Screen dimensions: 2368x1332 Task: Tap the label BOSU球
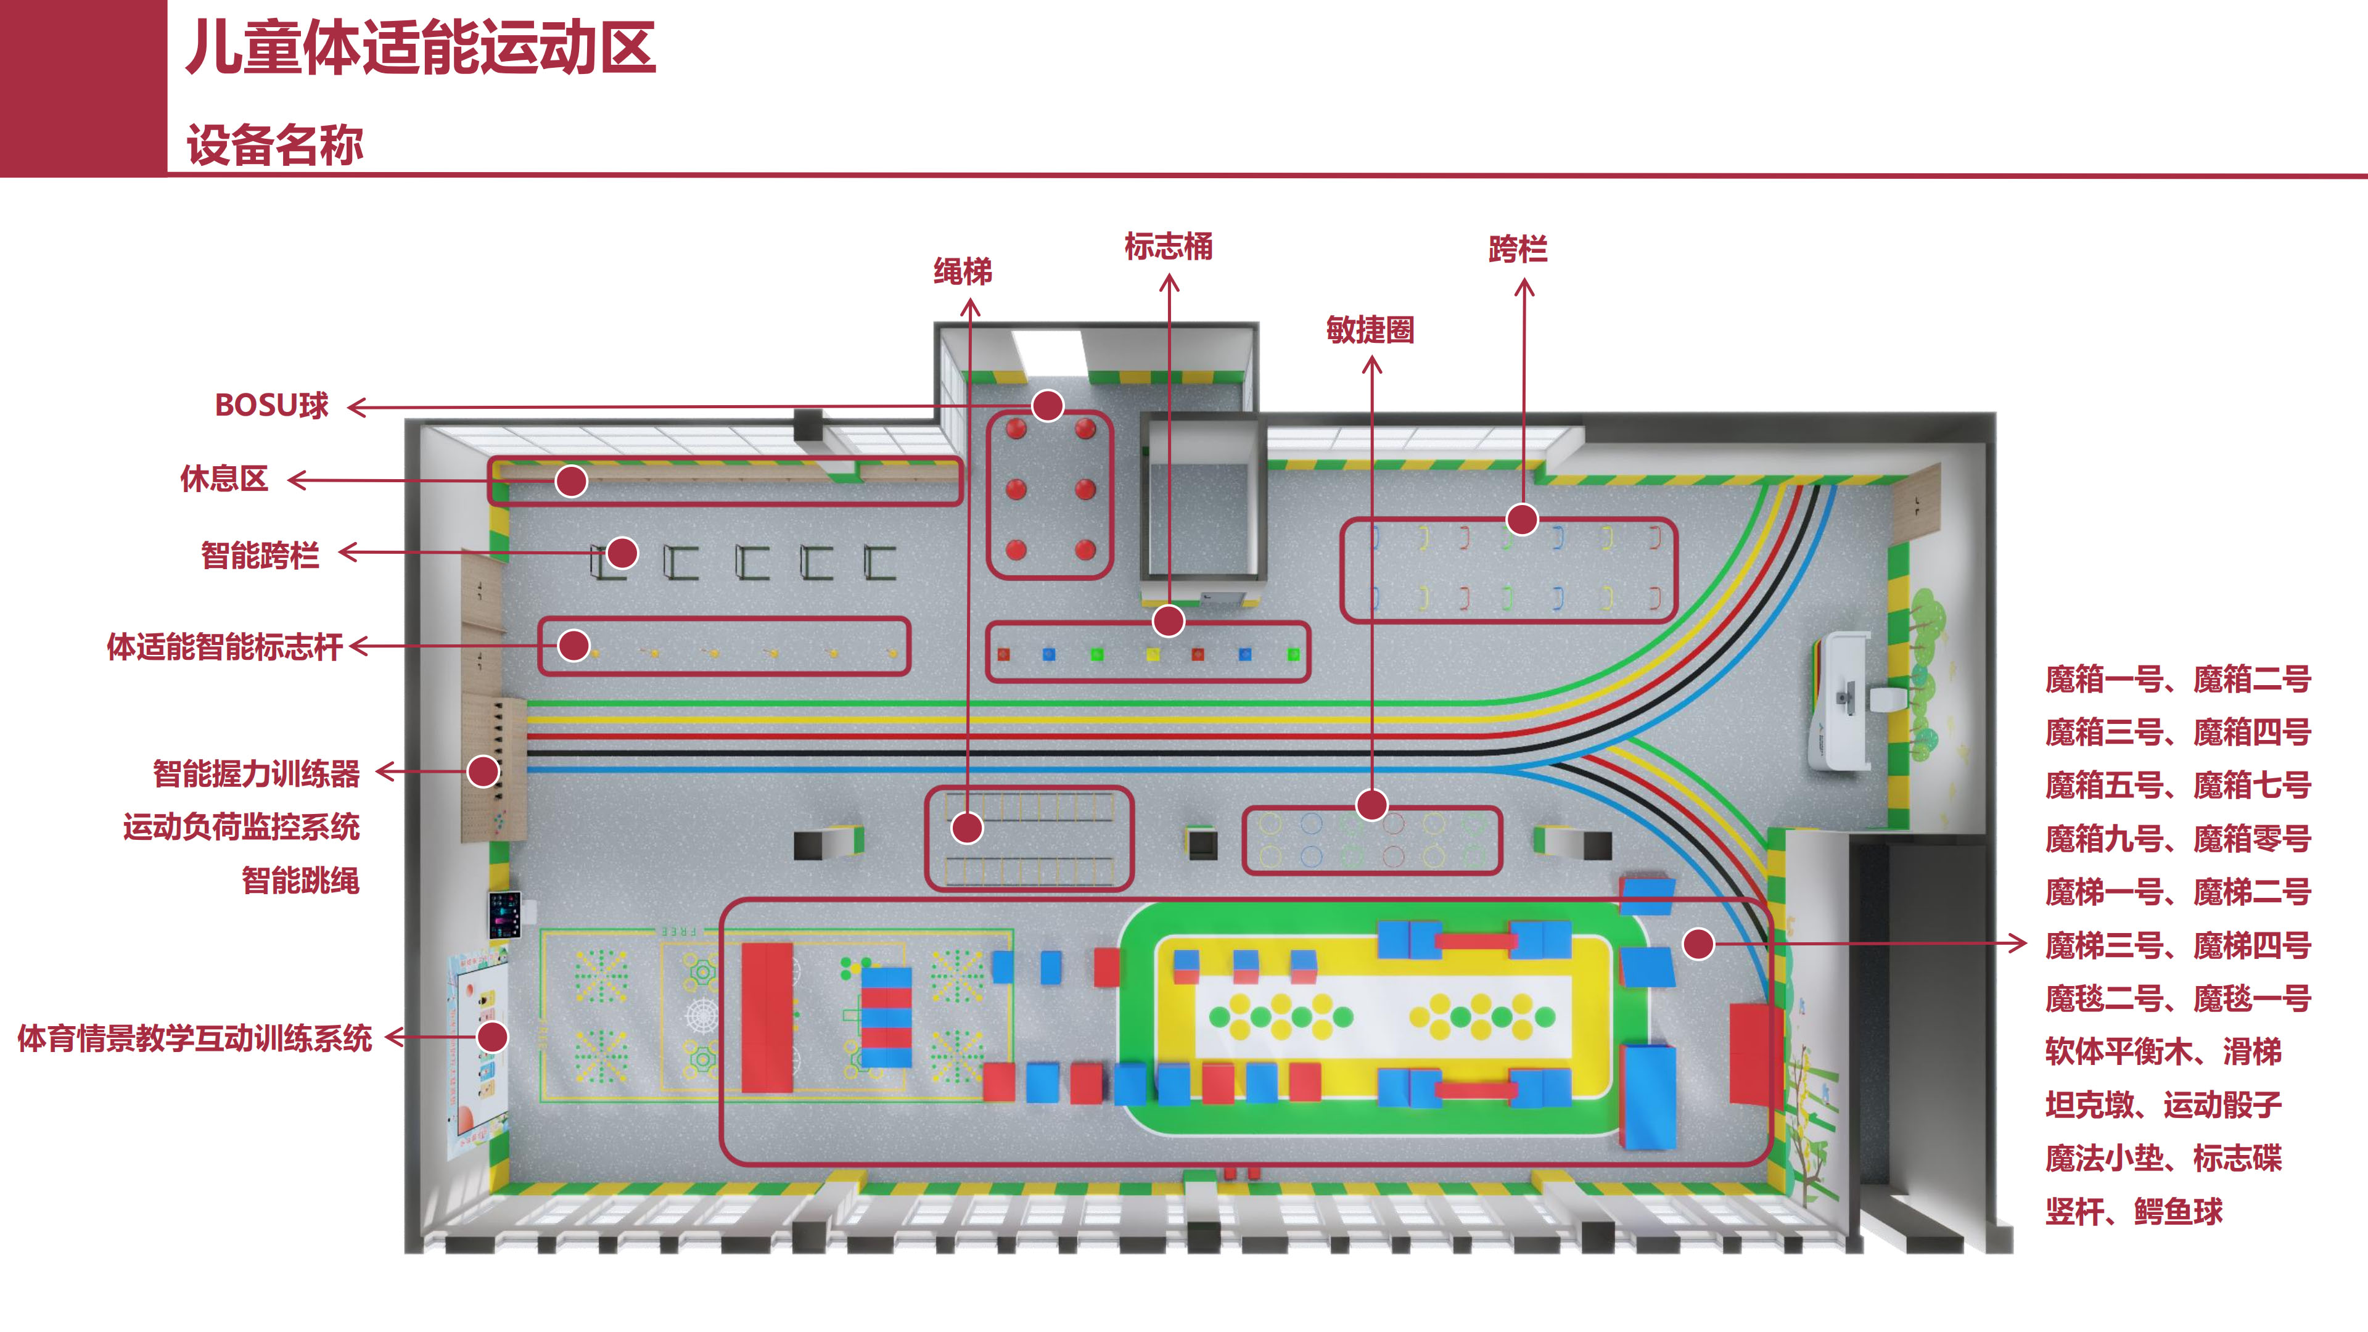pyautogui.click(x=271, y=405)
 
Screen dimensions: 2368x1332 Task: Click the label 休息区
pyautogui.click(x=224, y=479)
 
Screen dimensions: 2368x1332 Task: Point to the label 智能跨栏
pyautogui.click(x=260, y=555)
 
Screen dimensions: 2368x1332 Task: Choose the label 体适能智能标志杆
pyautogui.click(x=225, y=646)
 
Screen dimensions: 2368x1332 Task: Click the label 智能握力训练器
pyautogui.click(x=257, y=773)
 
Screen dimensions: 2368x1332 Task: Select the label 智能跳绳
pyautogui.click(x=300, y=881)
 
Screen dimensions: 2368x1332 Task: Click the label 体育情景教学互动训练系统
pyautogui.click(x=195, y=1038)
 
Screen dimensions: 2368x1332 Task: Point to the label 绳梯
pyautogui.click(x=963, y=271)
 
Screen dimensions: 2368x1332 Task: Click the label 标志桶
pyautogui.click(x=1169, y=247)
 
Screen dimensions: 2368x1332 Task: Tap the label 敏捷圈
pyautogui.click(x=1370, y=329)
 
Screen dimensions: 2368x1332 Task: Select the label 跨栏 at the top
pyautogui.click(x=1518, y=249)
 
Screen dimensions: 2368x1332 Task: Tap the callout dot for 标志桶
pyautogui.click(x=1169, y=622)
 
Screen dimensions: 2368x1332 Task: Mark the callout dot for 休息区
pyautogui.click(x=571, y=481)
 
